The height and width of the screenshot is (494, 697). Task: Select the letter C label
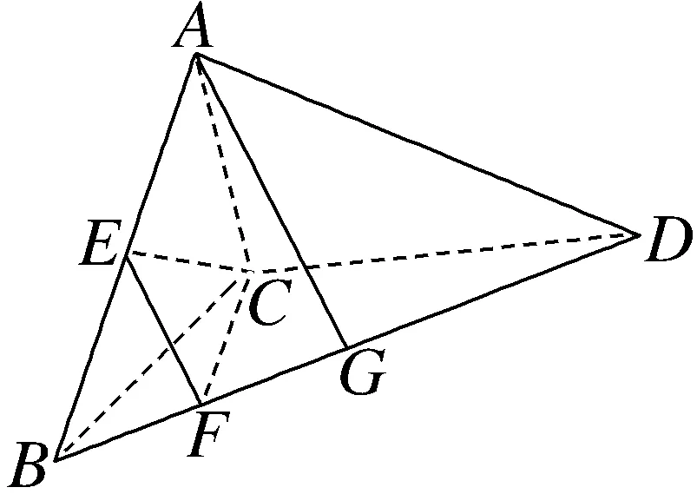click(x=266, y=305)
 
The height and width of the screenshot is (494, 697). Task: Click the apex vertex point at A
click(x=197, y=55)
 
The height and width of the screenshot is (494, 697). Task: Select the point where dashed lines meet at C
click(x=250, y=272)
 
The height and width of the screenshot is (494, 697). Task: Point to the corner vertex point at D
click(x=639, y=234)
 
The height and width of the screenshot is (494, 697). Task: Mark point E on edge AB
click(x=127, y=254)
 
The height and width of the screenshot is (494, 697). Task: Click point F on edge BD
click(x=201, y=404)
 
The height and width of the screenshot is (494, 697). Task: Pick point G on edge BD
click(x=346, y=348)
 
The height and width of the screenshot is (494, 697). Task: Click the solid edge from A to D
click(x=417, y=144)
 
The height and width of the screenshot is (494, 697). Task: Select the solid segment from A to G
click(x=272, y=201)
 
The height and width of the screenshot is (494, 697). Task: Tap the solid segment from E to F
click(x=163, y=329)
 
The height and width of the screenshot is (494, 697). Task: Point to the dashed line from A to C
click(x=223, y=163)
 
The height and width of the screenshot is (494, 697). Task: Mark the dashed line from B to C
click(x=153, y=365)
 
